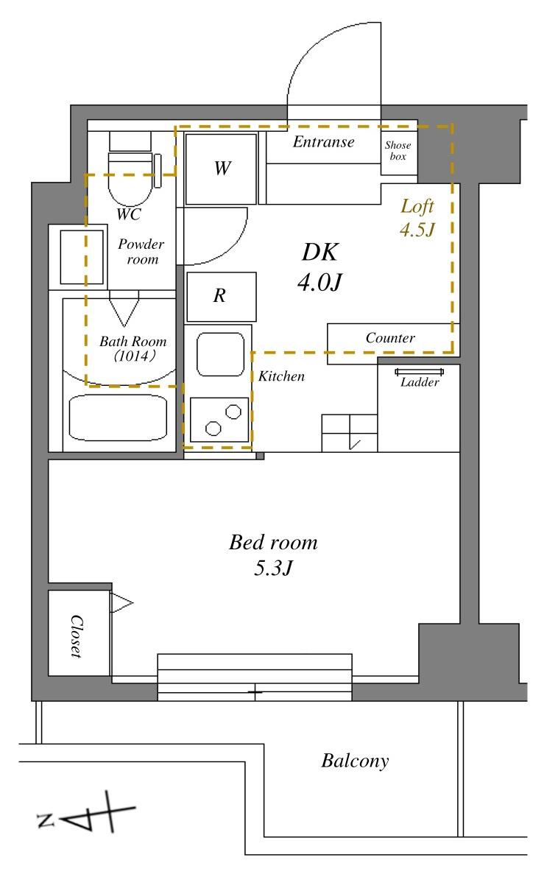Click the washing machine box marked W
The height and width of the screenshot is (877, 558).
click(221, 169)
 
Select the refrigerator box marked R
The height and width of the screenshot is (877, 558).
click(221, 297)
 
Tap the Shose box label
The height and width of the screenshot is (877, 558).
click(398, 151)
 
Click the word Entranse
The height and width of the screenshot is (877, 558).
click(323, 142)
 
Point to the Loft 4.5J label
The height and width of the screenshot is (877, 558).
click(417, 217)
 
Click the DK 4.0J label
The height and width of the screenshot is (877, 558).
click(319, 267)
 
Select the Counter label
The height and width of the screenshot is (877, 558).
click(390, 338)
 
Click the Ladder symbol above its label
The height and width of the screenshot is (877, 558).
click(420, 372)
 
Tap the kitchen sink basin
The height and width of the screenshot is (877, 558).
click(220, 355)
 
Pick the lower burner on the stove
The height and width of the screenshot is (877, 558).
click(213, 429)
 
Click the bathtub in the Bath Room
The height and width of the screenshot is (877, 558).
click(118, 418)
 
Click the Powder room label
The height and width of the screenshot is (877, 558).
click(141, 252)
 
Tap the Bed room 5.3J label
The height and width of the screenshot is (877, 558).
click(273, 554)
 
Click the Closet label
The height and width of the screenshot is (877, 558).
click(77, 636)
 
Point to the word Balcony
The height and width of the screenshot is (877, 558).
click(355, 761)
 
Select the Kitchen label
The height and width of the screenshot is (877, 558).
click(281, 376)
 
